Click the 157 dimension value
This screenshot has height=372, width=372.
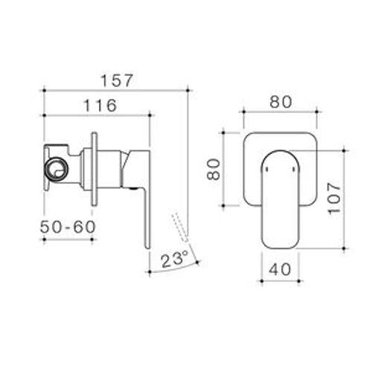[x=117, y=80]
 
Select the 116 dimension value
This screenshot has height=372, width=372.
[x=100, y=106]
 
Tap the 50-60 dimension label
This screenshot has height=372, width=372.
[x=68, y=227]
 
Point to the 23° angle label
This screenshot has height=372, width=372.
[x=175, y=259]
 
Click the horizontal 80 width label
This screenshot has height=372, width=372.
[x=280, y=102]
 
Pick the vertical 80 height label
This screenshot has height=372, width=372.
[x=214, y=169]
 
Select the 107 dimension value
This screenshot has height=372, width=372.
[x=334, y=198]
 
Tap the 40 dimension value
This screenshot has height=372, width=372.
[x=280, y=269]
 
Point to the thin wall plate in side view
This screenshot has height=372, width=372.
[x=94, y=169]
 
